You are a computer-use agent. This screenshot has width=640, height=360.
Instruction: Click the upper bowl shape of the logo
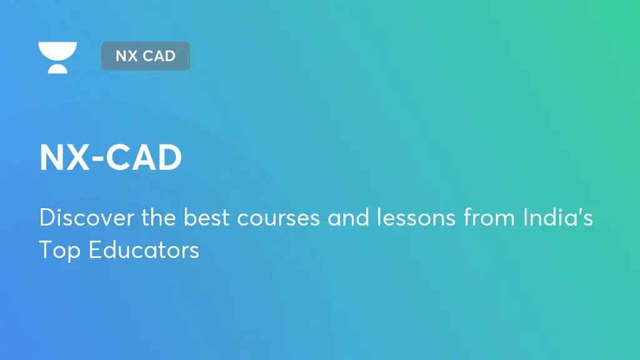pyautogui.click(x=57, y=50)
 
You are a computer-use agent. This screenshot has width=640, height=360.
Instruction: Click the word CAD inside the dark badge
pyautogui.click(x=159, y=56)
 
